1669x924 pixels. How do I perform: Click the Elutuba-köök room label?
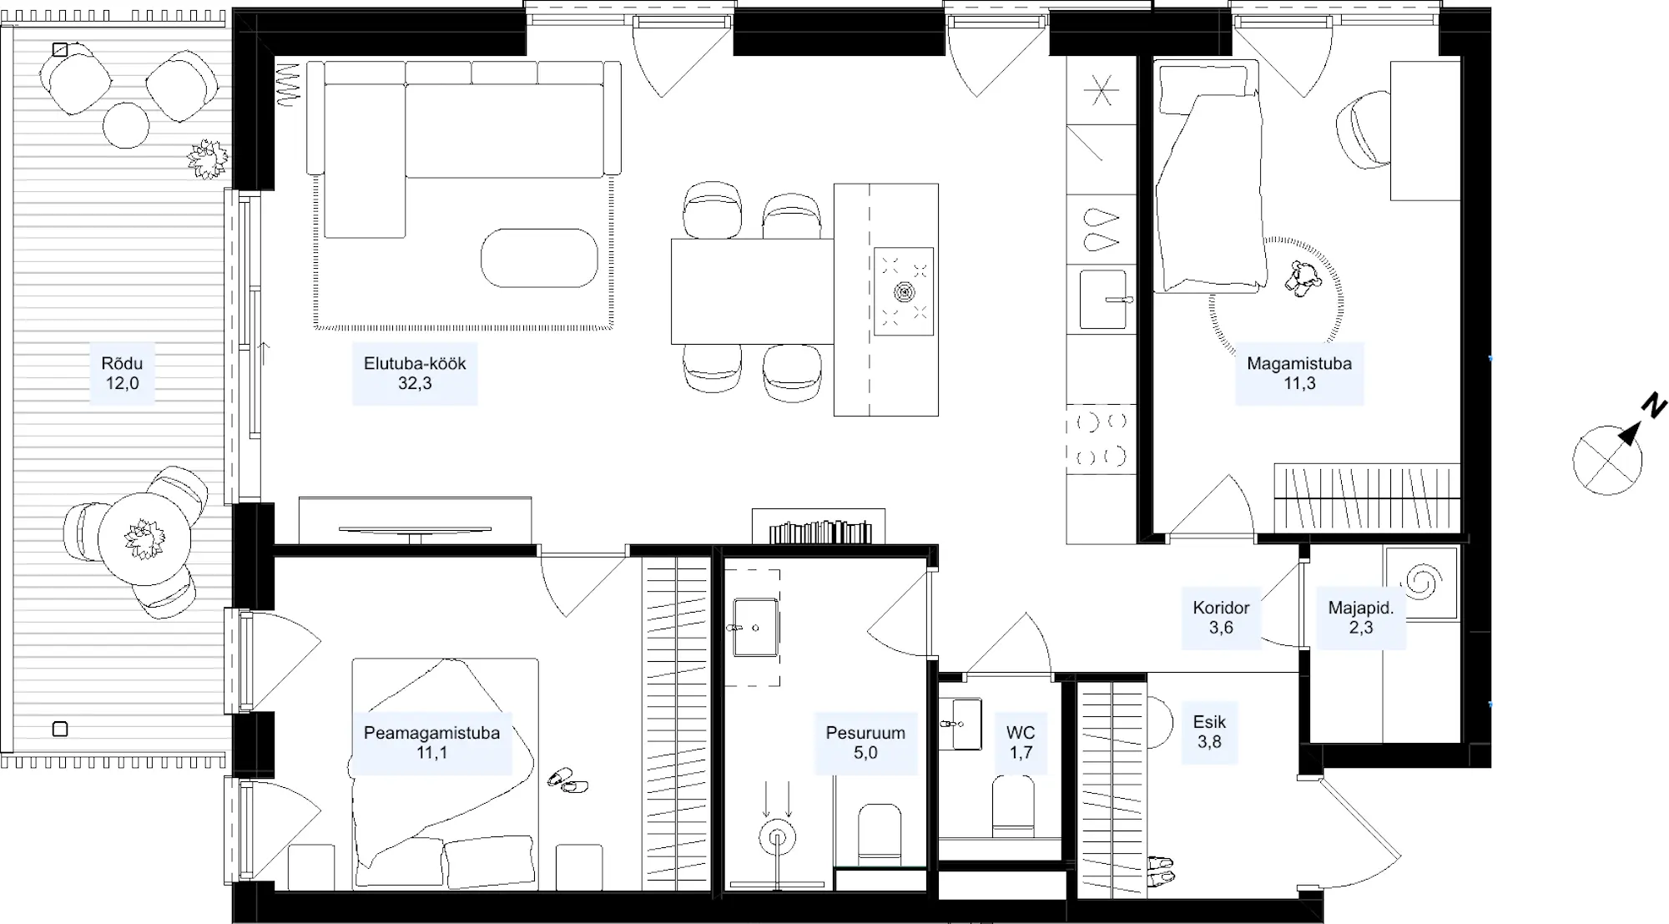pos(415,373)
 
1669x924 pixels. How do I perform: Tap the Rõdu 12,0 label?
pos(122,373)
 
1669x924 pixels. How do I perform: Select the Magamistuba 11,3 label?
pos(1299,373)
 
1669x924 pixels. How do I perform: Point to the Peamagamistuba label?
pos(431,733)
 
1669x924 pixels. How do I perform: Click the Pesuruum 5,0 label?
pos(865,743)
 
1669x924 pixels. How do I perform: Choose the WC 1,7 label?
pos(1021,743)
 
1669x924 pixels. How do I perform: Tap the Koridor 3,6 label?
pos(1221,618)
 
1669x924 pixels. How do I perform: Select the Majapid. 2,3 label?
pos(1361,618)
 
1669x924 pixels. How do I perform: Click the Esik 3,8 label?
pos(1209,731)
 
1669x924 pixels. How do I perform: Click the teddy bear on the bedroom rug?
pos(1303,278)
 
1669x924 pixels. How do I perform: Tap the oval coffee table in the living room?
pos(539,258)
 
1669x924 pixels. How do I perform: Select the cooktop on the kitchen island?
pos(903,291)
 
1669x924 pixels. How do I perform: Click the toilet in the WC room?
pos(1013,806)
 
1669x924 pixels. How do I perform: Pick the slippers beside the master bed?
pos(567,781)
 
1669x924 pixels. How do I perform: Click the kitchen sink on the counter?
pos(1103,299)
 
